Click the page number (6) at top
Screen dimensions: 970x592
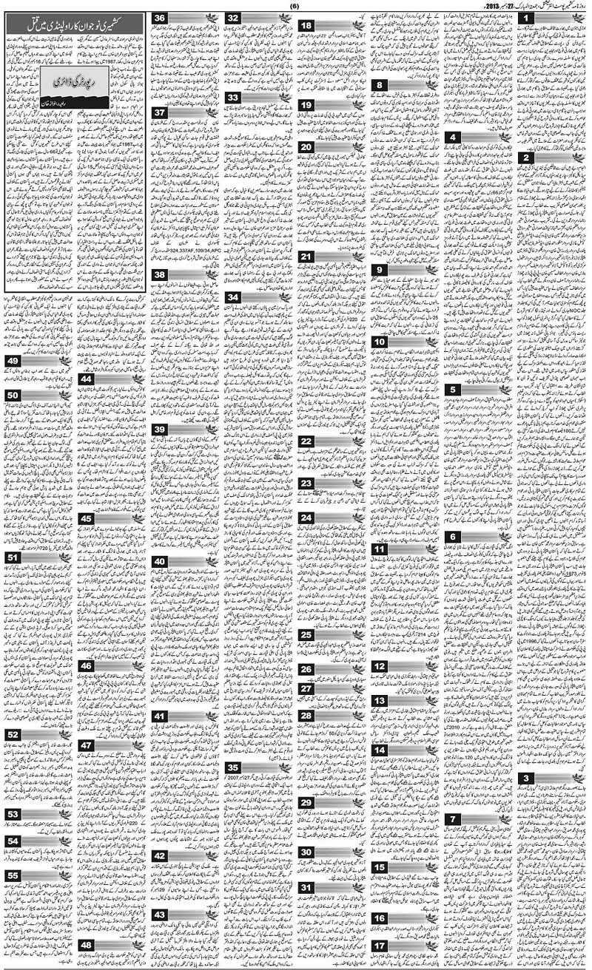tap(294, 5)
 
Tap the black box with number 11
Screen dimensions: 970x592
tap(380, 550)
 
